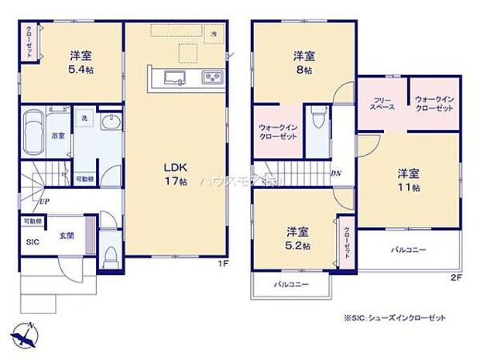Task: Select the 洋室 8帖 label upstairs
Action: point(303,63)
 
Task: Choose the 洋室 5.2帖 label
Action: point(297,238)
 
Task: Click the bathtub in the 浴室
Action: point(35,131)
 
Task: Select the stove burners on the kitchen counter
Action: point(211,77)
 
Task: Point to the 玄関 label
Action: point(66,236)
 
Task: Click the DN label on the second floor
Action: point(337,173)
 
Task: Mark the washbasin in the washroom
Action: point(110,124)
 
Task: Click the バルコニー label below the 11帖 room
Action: point(408,250)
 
